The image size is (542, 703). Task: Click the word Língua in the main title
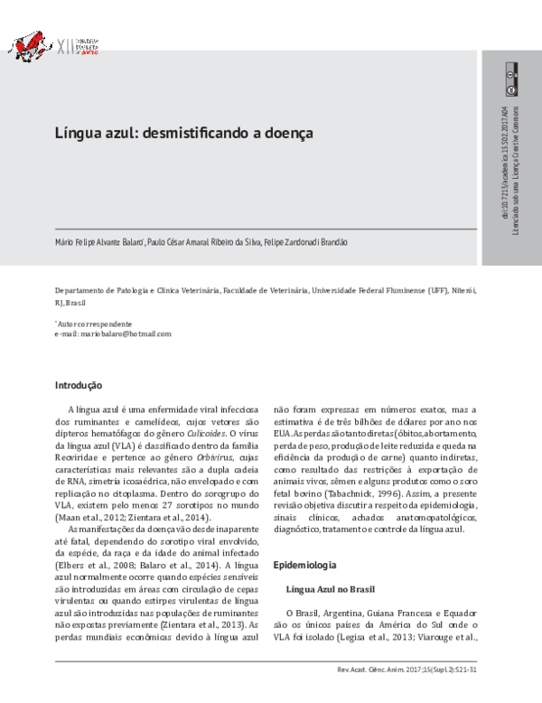pyautogui.click(x=77, y=132)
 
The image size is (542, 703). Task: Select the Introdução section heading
pyautogui.click(x=80, y=386)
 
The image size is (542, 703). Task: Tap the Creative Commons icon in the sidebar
pyautogui.click(x=510, y=79)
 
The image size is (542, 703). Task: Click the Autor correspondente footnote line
pyautogui.click(x=94, y=323)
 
